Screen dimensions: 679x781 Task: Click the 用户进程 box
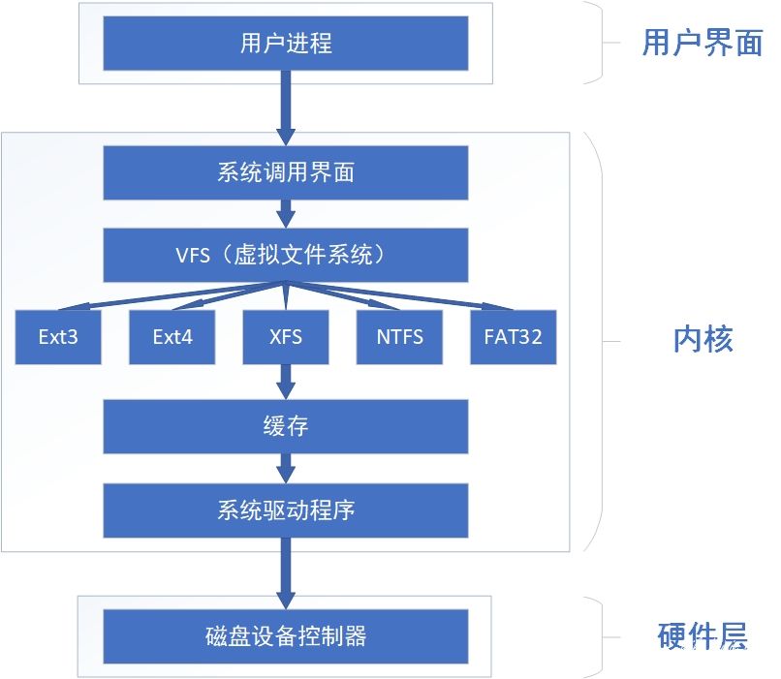click(x=286, y=43)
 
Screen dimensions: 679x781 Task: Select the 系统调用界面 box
click(x=286, y=172)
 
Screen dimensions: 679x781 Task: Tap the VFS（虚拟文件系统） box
click(x=286, y=255)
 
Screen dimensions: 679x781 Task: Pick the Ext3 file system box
click(x=58, y=337)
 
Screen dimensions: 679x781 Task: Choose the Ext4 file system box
click(x=172, y=337)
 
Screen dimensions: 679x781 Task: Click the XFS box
click(x=286, y=337)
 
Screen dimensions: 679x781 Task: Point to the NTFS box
click(x=399, y=337)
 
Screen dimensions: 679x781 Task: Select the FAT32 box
click(x=513, y=337)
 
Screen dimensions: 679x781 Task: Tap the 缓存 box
click(x=286, y=426)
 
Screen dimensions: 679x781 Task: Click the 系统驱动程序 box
click(x=286, y=509)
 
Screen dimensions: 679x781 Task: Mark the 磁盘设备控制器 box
click(x=286, y=636)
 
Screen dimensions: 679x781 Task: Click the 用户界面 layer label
click(x=703, y=44)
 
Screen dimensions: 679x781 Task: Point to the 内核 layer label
click(x=703, y=339)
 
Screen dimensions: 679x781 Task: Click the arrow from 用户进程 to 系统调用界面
click(x=286, y=107)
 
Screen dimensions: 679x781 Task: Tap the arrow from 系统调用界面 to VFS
click(x=286, y=213)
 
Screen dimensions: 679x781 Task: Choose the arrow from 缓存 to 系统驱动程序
click(x=286, y=468)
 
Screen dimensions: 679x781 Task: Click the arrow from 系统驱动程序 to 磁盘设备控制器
click(x=286, y=571)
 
